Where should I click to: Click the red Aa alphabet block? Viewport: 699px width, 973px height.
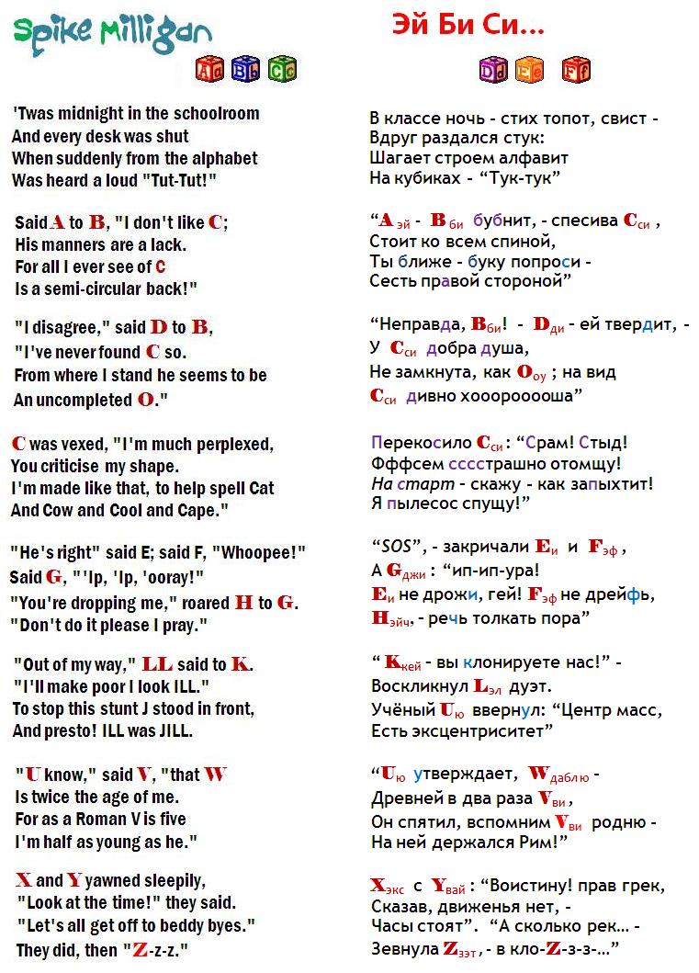point(209,69)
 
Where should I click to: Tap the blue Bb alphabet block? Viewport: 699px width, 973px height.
point(245,69)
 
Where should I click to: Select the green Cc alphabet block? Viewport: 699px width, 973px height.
point(282,69)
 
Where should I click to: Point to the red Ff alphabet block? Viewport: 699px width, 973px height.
point(576,69)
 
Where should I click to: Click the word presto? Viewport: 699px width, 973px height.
point(72,732)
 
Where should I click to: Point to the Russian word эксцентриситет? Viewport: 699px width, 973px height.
point(475,731)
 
